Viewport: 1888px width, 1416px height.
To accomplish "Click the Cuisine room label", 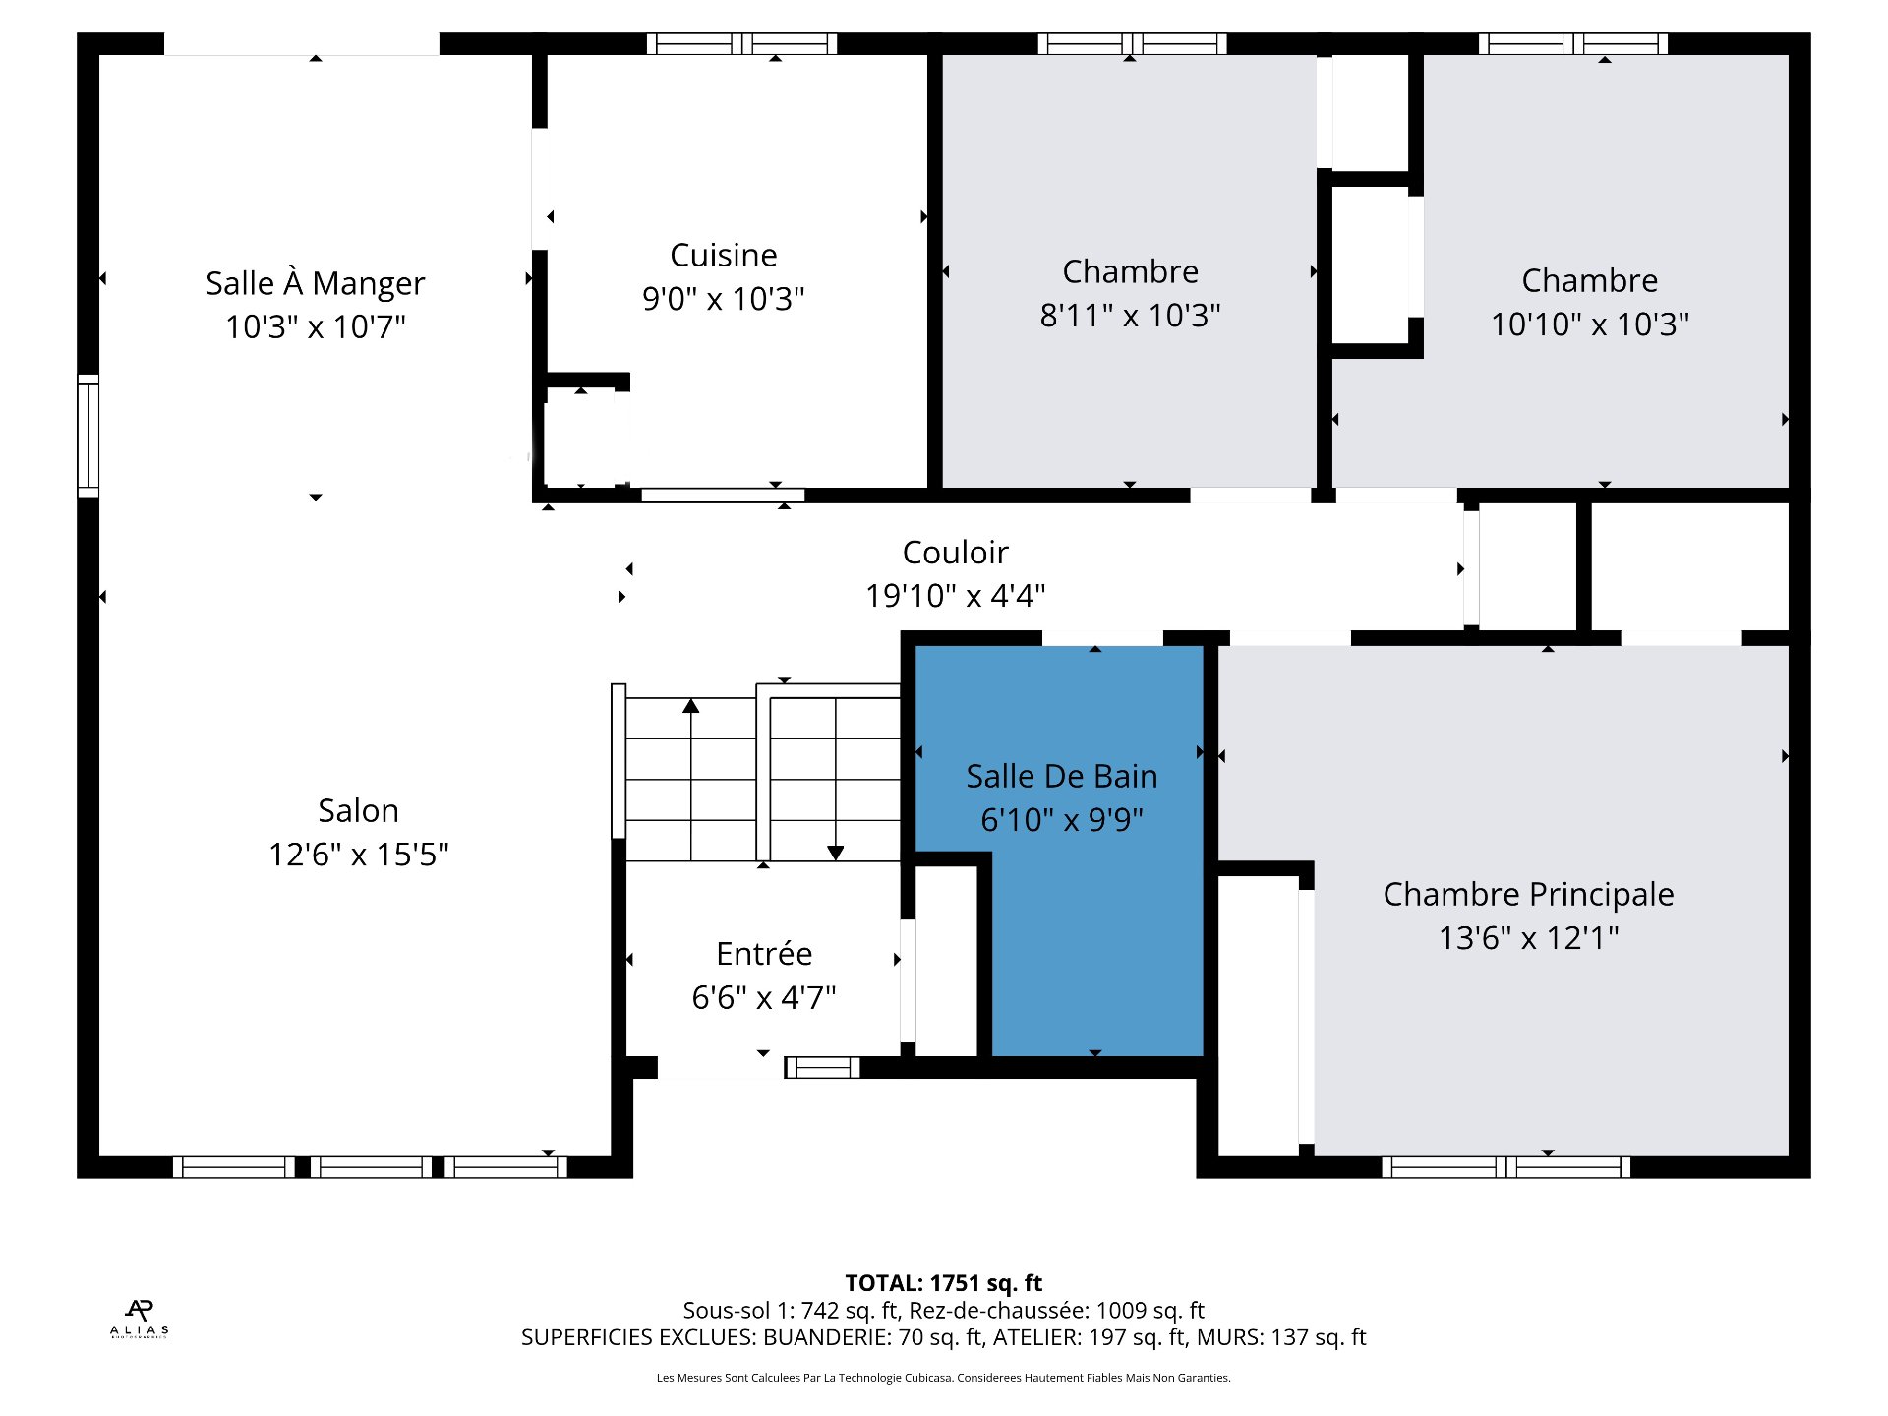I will (x=723, y=256).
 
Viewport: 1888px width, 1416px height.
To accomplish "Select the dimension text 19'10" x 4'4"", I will (x=955, y=596).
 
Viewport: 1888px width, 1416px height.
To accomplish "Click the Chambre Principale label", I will (x=1527, y=895).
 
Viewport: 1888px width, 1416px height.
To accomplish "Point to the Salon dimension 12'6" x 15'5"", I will (x=359, y=855).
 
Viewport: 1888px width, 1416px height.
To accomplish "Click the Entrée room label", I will (x=764, y=954).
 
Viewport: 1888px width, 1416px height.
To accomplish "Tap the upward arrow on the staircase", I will (x=691, y=706).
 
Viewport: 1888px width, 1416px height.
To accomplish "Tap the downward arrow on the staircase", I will (x=835, y=853).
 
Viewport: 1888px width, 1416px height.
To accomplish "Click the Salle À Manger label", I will (x=315, y=283).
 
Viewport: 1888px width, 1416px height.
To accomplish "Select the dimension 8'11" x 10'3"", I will (x=1130, y=316).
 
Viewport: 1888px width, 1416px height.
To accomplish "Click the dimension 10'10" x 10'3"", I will (x=1589, y=324).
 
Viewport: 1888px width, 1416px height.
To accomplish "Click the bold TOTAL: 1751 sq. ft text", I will (x=943, y=1283).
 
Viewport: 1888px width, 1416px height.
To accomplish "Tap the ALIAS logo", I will (x=139, y=1319).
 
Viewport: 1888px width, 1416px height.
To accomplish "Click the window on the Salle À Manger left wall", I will (x=88, y=435).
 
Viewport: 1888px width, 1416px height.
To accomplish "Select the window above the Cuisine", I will (x=741, y=43).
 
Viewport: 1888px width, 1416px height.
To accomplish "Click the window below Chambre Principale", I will (x=1505, y=1167).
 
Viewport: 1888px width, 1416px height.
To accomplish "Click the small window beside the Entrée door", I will (x=822, y=1067).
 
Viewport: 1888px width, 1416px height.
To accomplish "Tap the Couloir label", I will (x=955, y=553).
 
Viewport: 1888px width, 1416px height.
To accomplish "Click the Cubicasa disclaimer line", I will (x=943, y=1378).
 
